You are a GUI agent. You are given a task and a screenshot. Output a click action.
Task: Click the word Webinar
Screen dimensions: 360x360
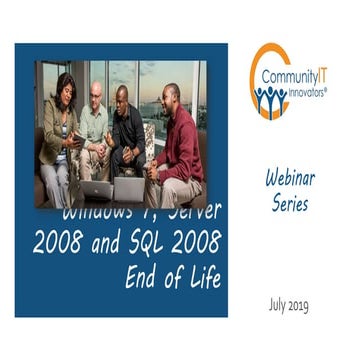pyautogui.click(x=291, y=179)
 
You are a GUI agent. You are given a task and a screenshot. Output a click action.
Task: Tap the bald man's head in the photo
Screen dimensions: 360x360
pyautogui.click(x=95, y=90)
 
